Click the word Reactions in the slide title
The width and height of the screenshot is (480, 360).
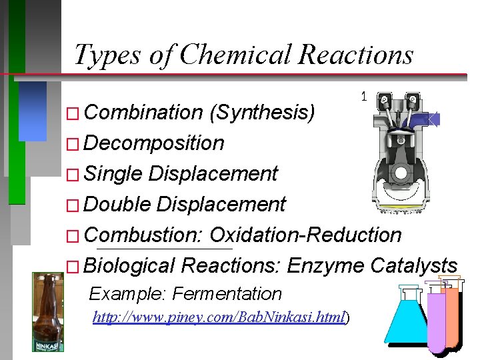(x=356, y=55)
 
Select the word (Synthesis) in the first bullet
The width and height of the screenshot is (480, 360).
(x=262, y=113)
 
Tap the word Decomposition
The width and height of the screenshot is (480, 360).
(x=155, y=143)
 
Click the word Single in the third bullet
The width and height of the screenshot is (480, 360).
(x=114, y=174)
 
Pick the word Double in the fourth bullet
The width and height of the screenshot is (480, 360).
(x=118, y=205)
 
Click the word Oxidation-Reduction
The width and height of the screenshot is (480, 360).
(x=306, y=235)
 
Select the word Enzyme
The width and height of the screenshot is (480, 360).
(x=325, y=266)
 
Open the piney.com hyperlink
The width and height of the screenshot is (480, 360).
(x=219, y=318)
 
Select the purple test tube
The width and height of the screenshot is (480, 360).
(x=437, y=320)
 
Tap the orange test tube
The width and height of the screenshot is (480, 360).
(x=453, y=313)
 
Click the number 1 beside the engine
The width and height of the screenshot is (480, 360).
(x=363, y=97)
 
